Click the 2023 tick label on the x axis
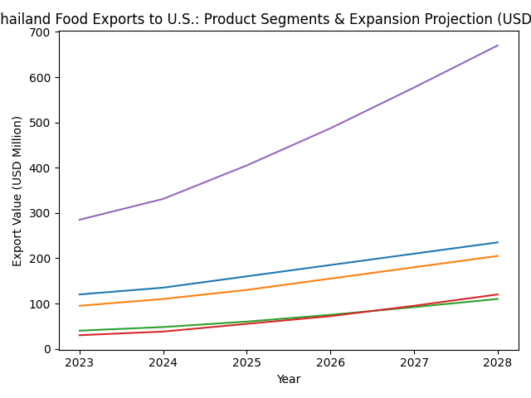pyautogui.click(x=80, y=362)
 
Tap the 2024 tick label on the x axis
pyautogui.click(x=163, y=362)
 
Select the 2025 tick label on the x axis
pyautogui.click(x=246, y=362)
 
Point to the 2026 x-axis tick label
pyautogui.click(x=330, y=362)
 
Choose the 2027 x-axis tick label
pyautogui.click(x=414, y=362)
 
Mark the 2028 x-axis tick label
pyautogui.click(x=498, y=362)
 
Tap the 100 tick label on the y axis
pyautogui.click(x=43, y=304)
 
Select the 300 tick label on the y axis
pyautogui.click(x=43, y=213)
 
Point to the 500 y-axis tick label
pyautogui.click(x=43, y=123)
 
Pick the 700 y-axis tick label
pyautogui.click(x=43, y=32)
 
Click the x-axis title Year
pyautogui.click(x=288, y=379)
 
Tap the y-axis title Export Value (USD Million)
pyautogui.click(x=17, y=191)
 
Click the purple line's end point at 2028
pyautogui.click(x=498, y=46)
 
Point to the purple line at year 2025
pyautogui.click(x=246, y=166)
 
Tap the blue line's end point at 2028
pyautogui.click(x=498, y=242)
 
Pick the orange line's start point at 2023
pyautogui.click(x=80, y=306)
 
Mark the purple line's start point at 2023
pyautogui.click(x=80, y=220)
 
